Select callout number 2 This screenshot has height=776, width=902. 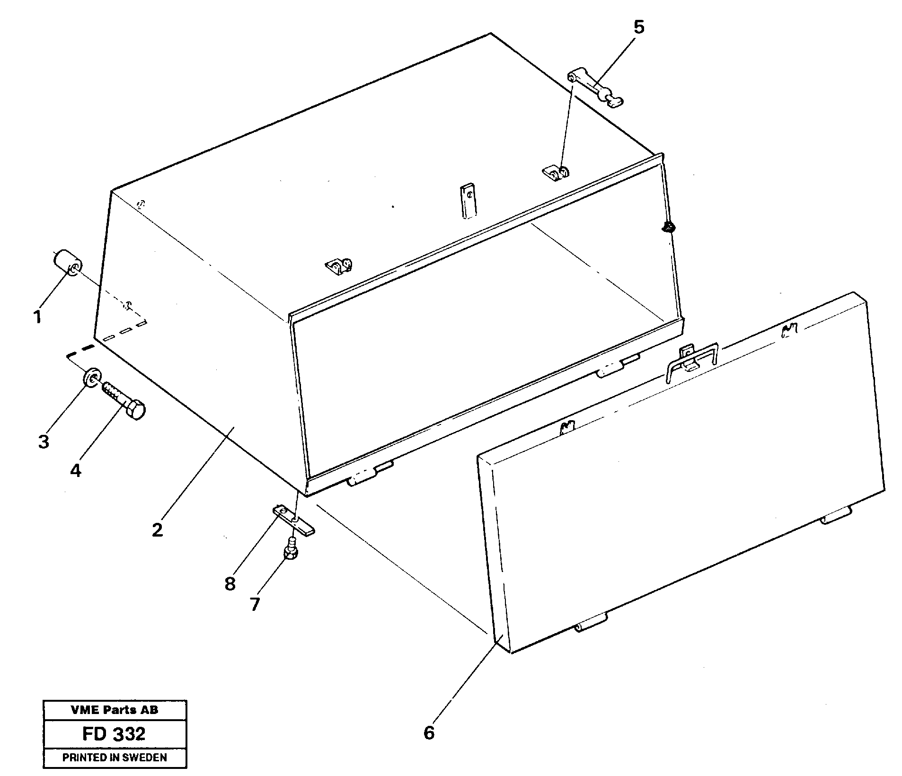(x=157, y=529)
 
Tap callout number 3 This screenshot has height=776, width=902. (x=43, y=442)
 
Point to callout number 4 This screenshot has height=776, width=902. (x=76, y=470)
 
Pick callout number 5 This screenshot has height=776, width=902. (x=638, y=27)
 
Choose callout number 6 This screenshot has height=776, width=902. (x=429, y=733)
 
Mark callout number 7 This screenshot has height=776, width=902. (x=255, y=604)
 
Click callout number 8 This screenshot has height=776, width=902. (x=230, y=584)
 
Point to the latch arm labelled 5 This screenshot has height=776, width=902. (x=595, y=87)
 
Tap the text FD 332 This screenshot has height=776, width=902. (x=114, y=734)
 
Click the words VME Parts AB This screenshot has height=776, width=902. (x=114, y=710)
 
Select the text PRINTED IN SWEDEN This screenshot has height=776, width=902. (x=114, y=758)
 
